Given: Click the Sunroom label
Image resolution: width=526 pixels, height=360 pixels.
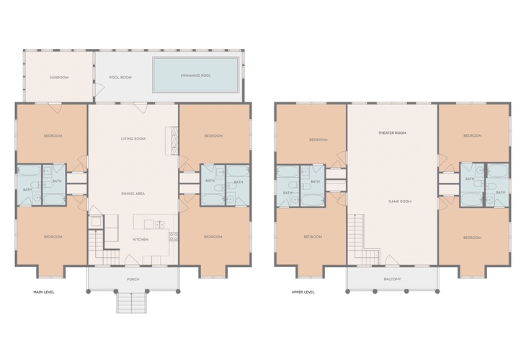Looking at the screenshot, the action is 59,78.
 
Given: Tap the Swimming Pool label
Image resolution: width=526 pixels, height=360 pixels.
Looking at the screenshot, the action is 195,76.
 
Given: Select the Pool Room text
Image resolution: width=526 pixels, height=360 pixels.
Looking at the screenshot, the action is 120,78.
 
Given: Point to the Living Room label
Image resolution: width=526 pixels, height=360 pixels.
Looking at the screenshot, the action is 133,138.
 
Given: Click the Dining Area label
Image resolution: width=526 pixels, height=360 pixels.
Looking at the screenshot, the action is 133,194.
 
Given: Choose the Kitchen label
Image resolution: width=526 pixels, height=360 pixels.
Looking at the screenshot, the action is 141,240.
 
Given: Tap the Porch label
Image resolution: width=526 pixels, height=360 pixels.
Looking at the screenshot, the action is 133,279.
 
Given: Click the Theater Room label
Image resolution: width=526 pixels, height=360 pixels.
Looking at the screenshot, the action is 392,133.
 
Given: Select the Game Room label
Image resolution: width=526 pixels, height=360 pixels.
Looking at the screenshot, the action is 400,202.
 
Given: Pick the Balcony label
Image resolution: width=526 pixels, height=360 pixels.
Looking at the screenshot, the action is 392,279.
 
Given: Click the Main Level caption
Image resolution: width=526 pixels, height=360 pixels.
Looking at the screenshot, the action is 44,292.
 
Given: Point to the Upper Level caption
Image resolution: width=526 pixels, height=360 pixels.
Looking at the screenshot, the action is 303,292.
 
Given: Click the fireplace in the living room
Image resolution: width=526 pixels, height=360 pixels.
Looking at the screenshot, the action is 171,140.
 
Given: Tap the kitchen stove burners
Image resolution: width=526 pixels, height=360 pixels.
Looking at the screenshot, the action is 174,237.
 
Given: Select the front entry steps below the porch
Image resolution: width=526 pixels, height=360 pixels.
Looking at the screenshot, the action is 131,302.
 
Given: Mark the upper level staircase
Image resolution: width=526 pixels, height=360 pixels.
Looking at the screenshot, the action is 362,240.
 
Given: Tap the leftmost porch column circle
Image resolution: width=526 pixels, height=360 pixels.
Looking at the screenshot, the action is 89,292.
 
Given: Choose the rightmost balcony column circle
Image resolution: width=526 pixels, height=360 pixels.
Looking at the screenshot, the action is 437,292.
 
